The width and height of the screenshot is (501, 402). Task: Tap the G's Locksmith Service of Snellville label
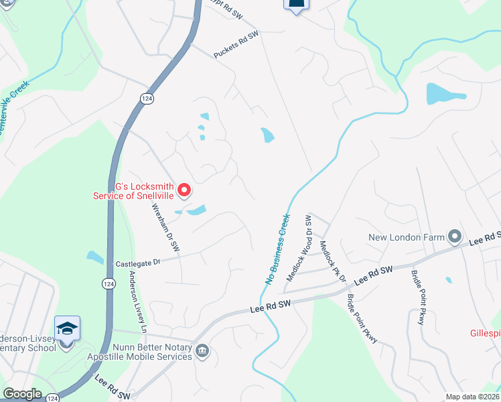click(133, 191)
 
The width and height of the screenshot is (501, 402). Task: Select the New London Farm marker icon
click(455, 237)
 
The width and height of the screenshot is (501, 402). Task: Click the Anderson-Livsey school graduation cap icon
click(67, 328)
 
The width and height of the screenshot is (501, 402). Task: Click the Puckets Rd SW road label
click(236, 44)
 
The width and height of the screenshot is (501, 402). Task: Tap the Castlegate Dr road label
click(139, 263)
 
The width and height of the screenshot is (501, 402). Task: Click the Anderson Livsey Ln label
click(137, 302)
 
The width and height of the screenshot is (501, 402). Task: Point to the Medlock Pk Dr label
click(332, 261)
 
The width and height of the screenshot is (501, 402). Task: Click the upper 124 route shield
click(145, 98)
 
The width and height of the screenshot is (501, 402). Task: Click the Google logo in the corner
click(21, 394)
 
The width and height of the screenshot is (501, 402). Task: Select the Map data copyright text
click(472, 397)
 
